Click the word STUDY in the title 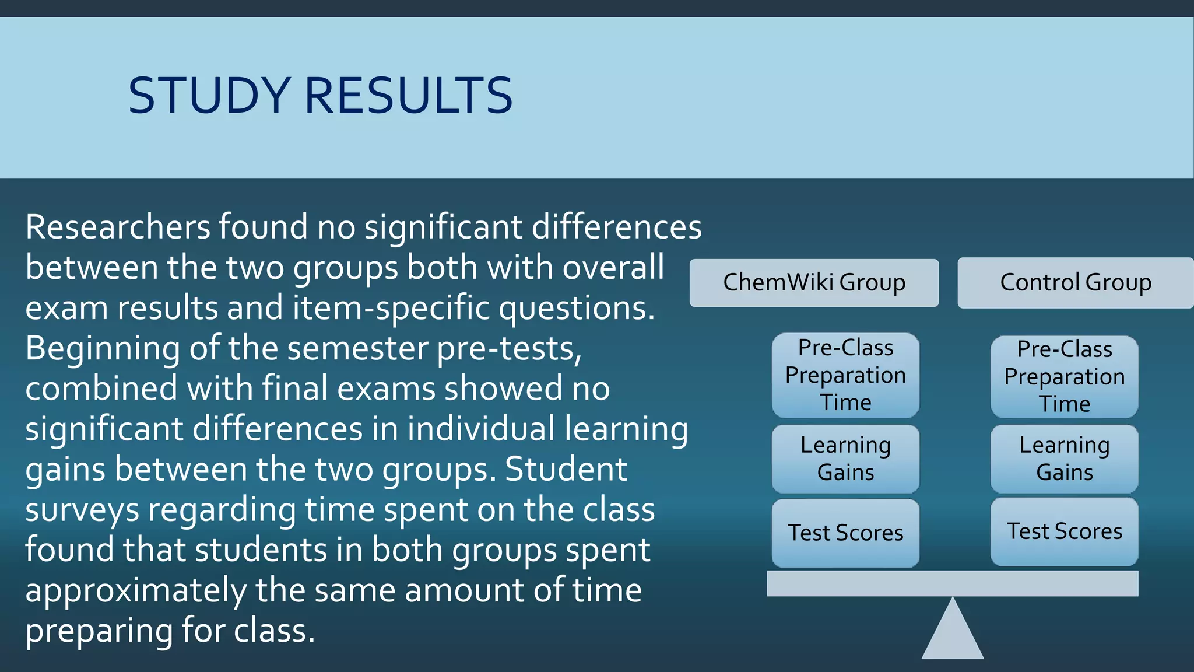coord(209,95)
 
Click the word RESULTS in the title coord(408,95)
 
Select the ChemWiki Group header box coord(814,283)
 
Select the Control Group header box coord(1076,283)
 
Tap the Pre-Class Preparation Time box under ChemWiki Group coord(845,375)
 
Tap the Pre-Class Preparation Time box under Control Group coord(1065,377)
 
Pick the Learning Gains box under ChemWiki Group coord(845,459)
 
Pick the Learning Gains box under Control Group coord(1065,459)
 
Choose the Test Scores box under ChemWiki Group coord(845,533)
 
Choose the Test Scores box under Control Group coord(1065,531)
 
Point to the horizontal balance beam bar coord(953,583)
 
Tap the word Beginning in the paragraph coord(102,348)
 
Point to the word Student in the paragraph coord(566,470)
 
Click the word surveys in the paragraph coord(82,511)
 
